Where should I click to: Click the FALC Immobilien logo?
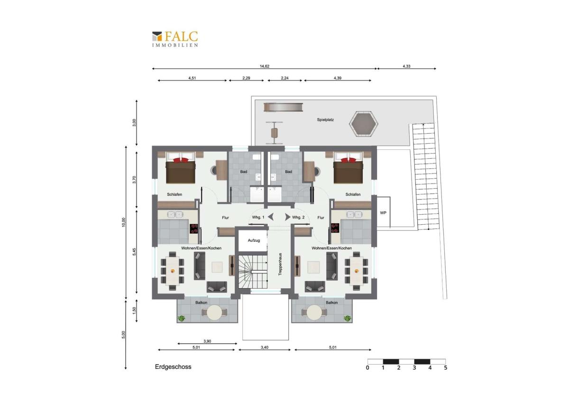point(175,39)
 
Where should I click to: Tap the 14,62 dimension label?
point(264,66)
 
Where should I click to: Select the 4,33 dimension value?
point(406,66)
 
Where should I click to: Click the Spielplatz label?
point(325,119)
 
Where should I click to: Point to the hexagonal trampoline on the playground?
point(364,124)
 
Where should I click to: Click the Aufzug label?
point(254,240)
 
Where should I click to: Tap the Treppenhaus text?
point(280,264)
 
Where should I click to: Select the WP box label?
point(383,213)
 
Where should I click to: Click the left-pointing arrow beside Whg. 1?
point(271,217)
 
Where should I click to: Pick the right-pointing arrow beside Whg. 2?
point(287,217)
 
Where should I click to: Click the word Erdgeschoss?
point(173,367)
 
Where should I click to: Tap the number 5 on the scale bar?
point(445,368)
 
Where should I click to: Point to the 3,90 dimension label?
point(207,341)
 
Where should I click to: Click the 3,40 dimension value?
point(265,347)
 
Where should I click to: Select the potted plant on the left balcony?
point(181,318)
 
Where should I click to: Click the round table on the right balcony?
point(314,312)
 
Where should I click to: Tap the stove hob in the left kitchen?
point(194,228)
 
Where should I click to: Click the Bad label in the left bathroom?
point(244,172)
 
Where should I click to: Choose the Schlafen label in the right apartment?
point(353,194)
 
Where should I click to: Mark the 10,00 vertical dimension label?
point(123,222)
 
